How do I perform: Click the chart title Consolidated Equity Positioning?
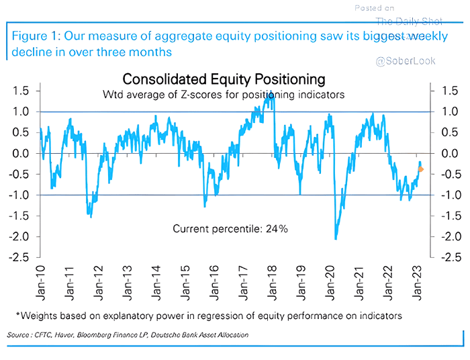pyautogui.click(x=224, y=80)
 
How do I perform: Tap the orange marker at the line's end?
pyautogui.click(x=421, y=169)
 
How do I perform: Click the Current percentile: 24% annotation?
pyautogui.click(x=230, y=229)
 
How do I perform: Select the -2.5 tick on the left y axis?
pyautogui.click(x=18, y=258)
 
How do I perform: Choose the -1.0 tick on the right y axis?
pyautogui.click(x=448, y=195)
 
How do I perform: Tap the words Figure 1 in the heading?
pyautogui.click(x=39, y=36)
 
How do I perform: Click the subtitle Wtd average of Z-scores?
pyautogui.click(x=224, y=95)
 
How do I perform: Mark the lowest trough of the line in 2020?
pyautogui.click(x=336, y=238)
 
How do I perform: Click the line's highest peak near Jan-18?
pyautogui.click(x=270, y=96)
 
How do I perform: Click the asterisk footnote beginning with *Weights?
pyautogui.click(x=208, y=315)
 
